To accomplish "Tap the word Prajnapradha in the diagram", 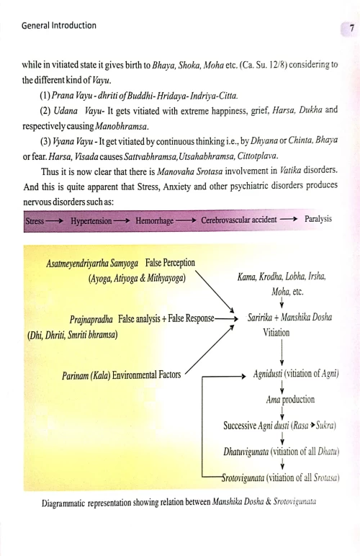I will click(91, 318).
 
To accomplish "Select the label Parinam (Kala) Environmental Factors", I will click(122, 374).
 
